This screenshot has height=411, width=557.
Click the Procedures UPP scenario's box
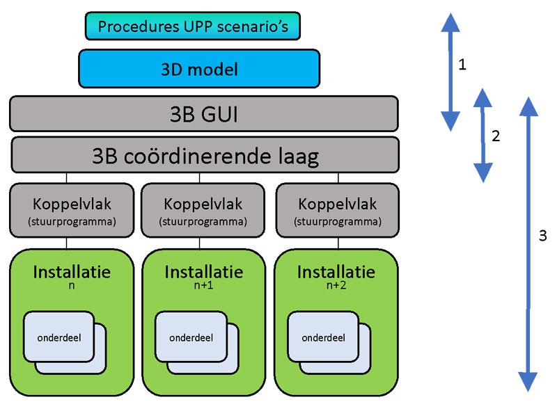(x=193, y=26)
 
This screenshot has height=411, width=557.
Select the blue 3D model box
(x=199, y=70)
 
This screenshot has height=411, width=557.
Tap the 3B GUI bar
(x=204, y=113)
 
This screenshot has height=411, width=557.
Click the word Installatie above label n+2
(x=336, y=271)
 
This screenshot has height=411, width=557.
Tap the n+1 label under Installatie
(x=203, y=284)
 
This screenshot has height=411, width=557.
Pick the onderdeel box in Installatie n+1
(x=191, y=339)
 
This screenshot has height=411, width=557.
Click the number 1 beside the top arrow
(x=462, y=65)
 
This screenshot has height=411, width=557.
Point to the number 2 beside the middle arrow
(x=495, y=136)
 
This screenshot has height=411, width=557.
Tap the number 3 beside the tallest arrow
(x=542, y=236)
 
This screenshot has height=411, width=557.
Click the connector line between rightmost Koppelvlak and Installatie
(x=337, y=243)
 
